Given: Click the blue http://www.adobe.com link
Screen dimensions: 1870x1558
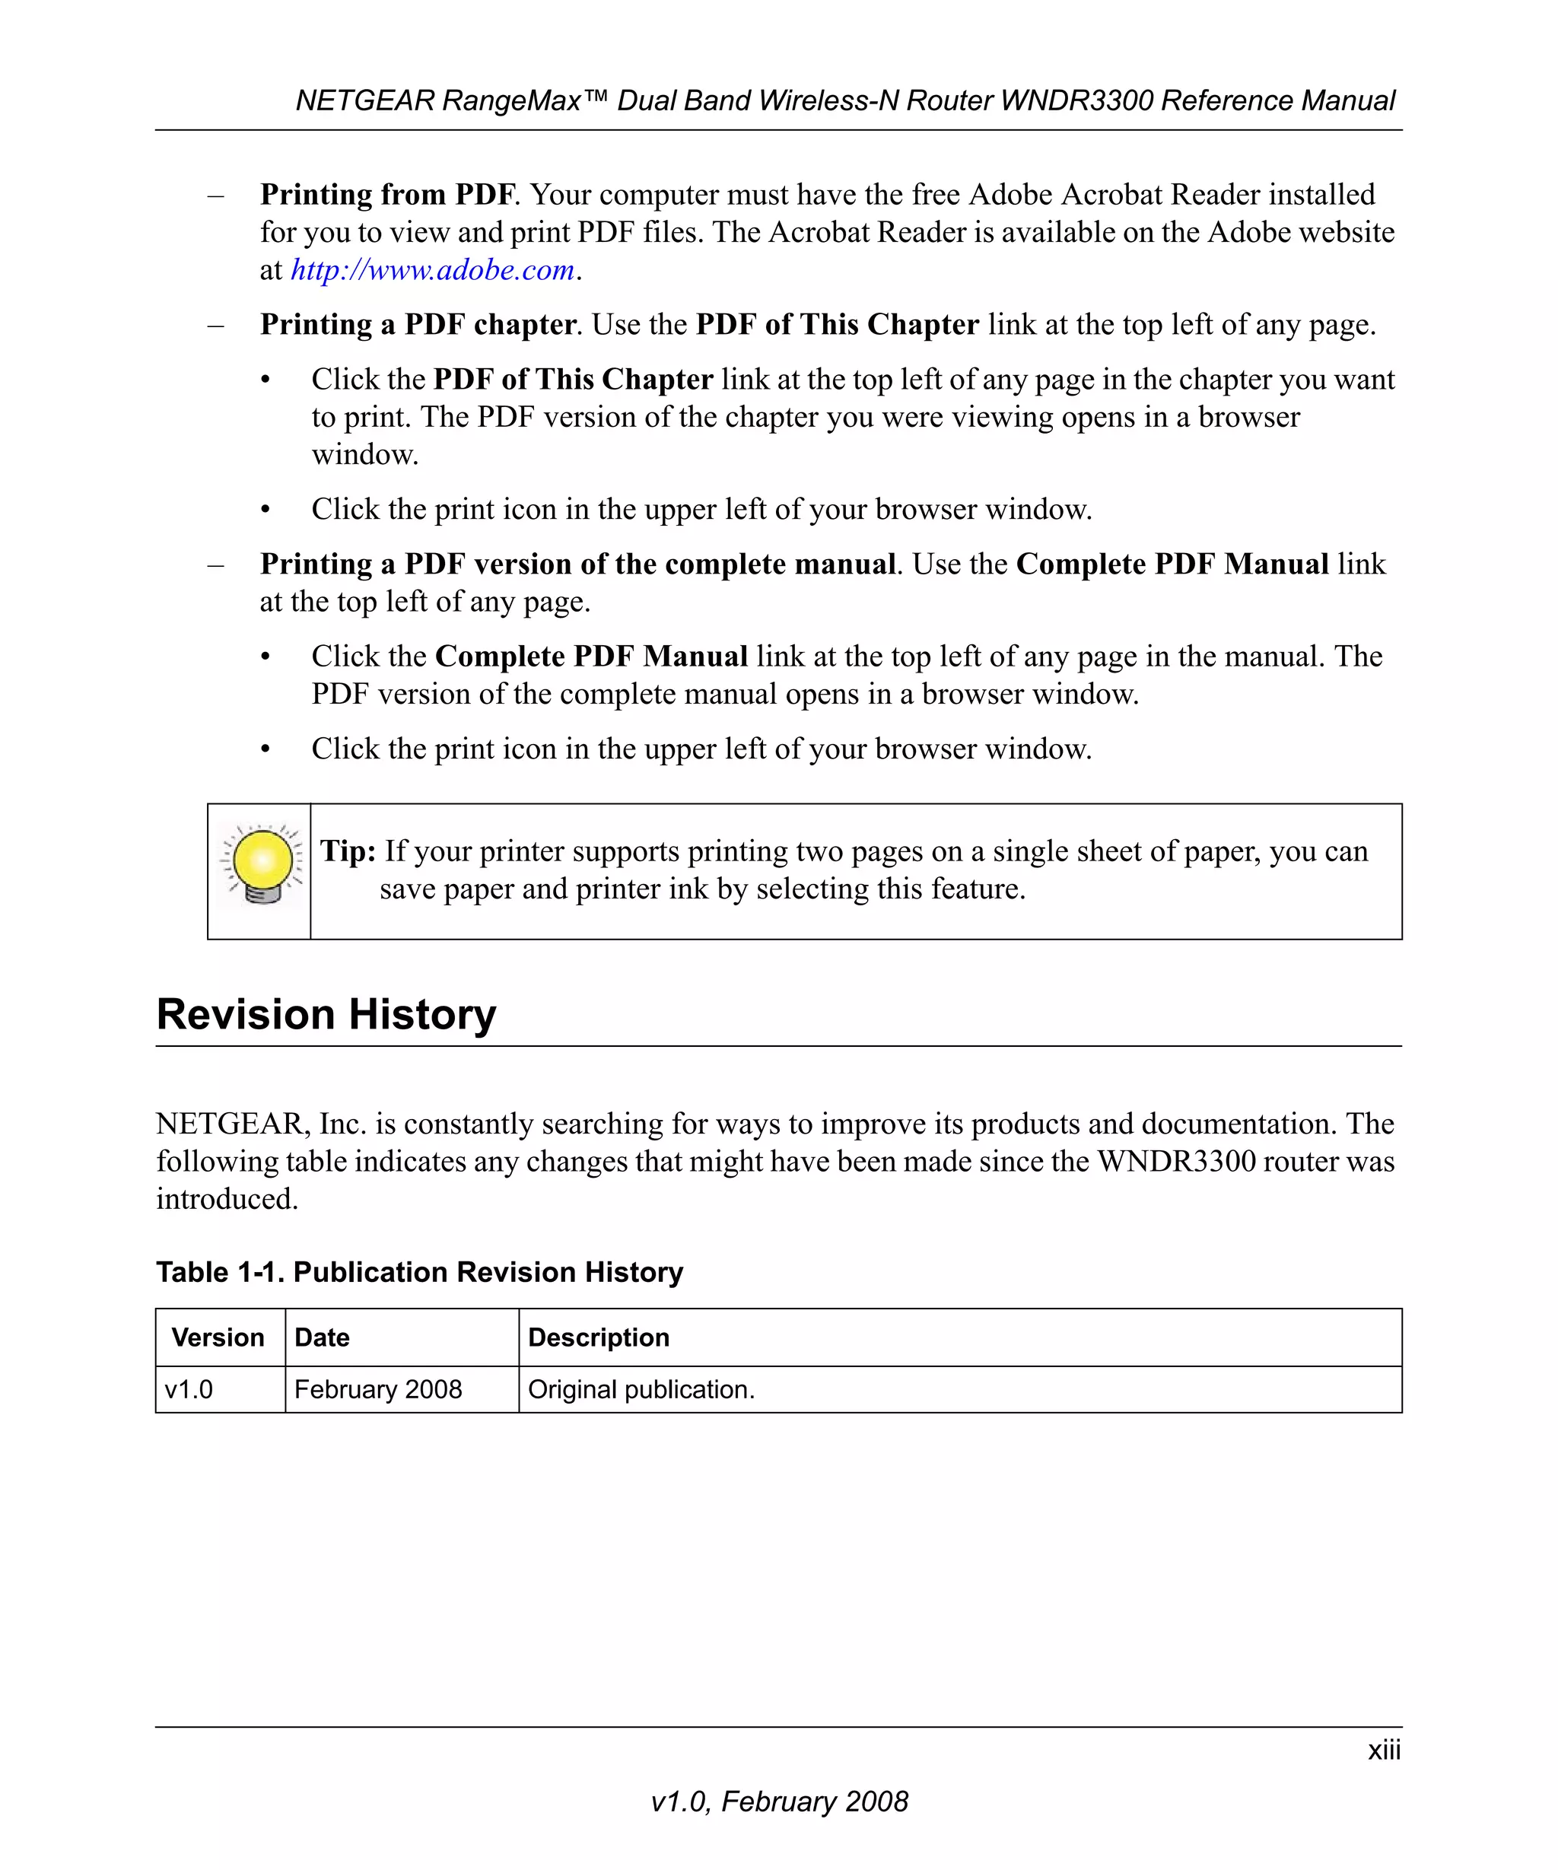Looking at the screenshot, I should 433,270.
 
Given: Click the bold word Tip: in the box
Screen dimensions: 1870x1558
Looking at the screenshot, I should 348,851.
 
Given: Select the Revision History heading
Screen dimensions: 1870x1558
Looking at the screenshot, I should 326,1014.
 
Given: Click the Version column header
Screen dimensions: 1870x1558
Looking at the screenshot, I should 218,1337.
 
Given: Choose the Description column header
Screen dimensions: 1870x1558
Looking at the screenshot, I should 598,1337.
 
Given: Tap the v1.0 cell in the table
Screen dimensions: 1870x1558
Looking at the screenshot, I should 189,1390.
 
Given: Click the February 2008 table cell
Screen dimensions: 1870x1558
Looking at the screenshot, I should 377,1390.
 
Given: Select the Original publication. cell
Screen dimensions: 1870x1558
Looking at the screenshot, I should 641,1390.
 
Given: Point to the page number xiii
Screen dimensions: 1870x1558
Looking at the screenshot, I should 1384,1750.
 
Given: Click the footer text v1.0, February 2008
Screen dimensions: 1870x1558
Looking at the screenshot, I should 779,1802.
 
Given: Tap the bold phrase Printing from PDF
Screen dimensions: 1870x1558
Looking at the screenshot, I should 387,195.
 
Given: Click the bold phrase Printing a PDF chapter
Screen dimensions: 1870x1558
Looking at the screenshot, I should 418,325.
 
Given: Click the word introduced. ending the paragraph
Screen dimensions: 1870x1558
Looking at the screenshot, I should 227,1200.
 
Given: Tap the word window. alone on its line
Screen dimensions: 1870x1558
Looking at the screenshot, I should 364,455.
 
